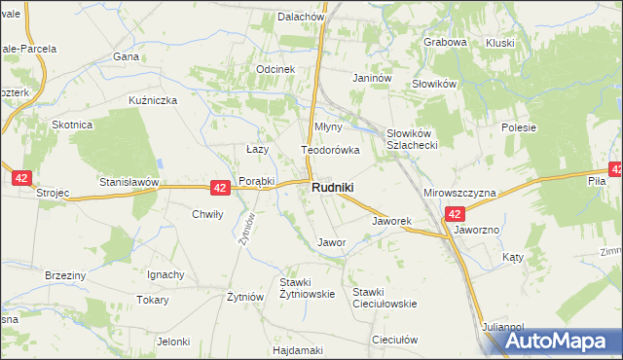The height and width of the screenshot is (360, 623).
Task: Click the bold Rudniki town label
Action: (333, 188)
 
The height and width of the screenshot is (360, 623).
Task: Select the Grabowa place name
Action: (446, 42)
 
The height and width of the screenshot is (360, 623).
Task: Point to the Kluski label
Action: (499, 42)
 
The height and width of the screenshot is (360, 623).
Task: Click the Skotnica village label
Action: (72, 125)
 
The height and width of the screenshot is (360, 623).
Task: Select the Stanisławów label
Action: (128, 182)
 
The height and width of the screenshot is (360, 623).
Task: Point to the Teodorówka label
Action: (330, 151)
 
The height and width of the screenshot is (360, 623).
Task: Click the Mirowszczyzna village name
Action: (459, 193)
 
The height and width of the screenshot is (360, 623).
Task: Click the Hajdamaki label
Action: (298, 349)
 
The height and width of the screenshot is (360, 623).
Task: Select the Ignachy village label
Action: (165, 274)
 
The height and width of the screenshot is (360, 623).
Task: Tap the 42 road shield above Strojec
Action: (22, 178)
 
